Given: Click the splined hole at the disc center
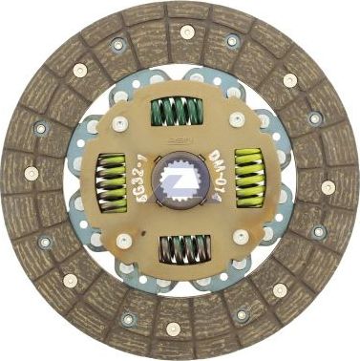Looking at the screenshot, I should [x=180, y=180].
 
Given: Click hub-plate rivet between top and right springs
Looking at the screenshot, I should [x=236, y=119].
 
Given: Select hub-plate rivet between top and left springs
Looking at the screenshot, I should [x=119, y=123].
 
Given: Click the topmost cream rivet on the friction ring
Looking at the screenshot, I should [x=187, y=32].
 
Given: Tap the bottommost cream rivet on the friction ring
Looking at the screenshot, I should [x=173, y=329].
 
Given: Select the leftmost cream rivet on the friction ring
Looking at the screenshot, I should [x=32, y=173].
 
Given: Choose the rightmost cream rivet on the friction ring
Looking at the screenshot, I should [x=328, y=187].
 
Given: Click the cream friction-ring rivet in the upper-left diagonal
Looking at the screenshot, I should [x=79, y=70].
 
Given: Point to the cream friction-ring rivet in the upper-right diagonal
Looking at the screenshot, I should [x=289, y=80].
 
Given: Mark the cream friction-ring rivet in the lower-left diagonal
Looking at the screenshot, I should [x=70, y=280].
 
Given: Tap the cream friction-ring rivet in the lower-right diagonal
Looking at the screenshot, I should [x=280, y=289].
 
